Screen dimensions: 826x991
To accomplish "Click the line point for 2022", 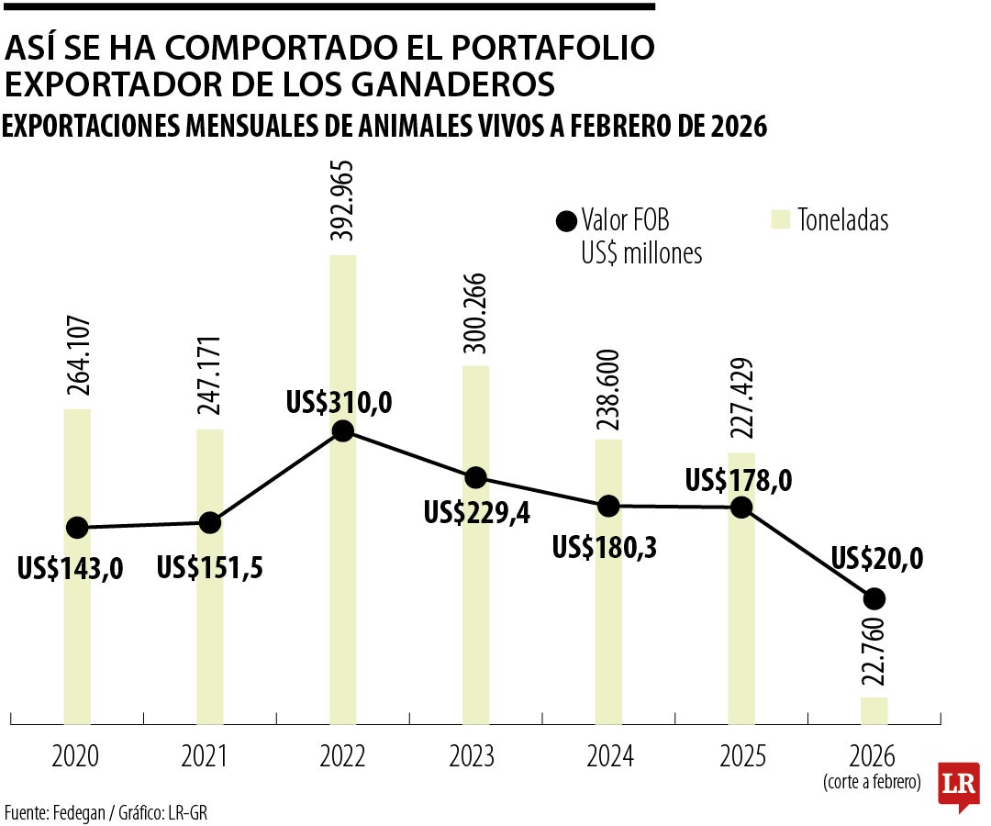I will point(342,431).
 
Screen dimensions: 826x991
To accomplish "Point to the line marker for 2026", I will point(874,598).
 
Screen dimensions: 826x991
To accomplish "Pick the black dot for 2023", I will point(475,477).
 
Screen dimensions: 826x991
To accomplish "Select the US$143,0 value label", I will point(71,568).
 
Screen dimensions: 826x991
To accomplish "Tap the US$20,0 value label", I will point(876,558).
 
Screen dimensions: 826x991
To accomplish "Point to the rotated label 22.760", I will point(874,653).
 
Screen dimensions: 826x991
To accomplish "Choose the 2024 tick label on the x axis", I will point(609,757).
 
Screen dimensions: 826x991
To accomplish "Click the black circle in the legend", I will point(565,221).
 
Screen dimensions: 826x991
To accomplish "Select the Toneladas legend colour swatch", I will point(780,221).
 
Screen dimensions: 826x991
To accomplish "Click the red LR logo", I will point(959,785).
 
